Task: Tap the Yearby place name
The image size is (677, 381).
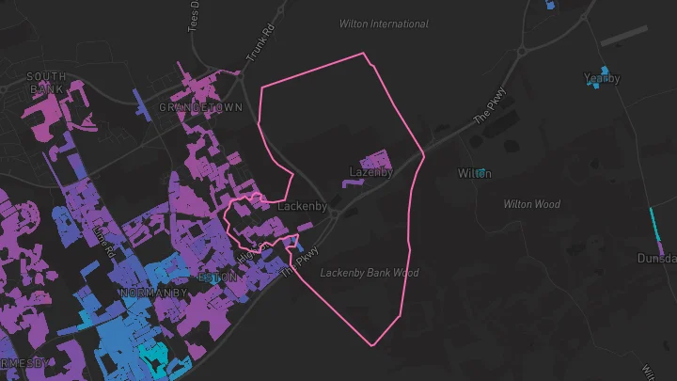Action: pos(602,79)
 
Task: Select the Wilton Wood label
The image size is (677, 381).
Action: pos(531,204)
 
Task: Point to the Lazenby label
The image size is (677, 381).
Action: pos(370,172)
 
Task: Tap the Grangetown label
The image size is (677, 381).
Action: pos(200,108)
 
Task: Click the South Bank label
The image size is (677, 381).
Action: pos(46,82)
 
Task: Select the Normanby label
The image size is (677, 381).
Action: pos(154,294)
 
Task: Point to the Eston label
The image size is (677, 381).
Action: pos(218,278)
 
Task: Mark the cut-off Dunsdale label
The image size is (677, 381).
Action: pos(656,258)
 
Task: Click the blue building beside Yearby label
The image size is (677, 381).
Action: pos(602,71)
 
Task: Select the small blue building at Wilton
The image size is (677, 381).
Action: pos(482,172)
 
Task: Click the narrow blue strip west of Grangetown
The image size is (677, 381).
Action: pos(142,103)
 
